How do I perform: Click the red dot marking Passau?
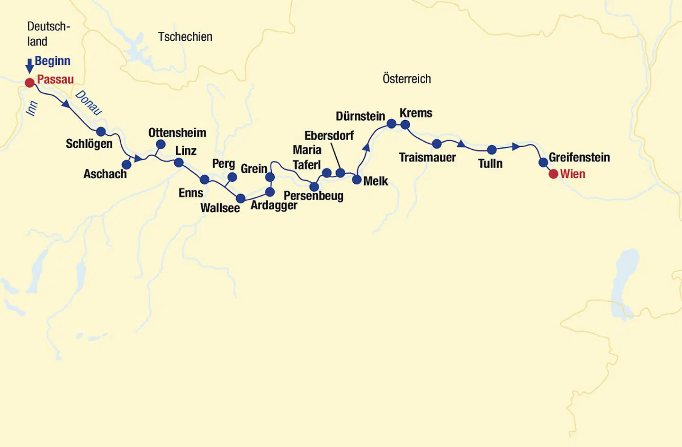pyautogui.click(x=29, y=83)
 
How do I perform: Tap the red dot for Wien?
pyautogui.click(x=553, y=174)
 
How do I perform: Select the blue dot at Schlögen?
pyautogui.click(x=100, y=131)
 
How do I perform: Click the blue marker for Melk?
pyautogui.click(x=357, y=179)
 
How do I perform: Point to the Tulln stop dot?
pyautogui.click(x=492, y=150)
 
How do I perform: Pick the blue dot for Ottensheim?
pyautogui.click(x=161, y=144)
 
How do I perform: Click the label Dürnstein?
pyautogui.click(x=360, y=116)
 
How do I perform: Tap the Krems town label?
pyautogui.click(x=416, y=113)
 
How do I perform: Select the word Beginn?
pyautogui.click(x=53, y=61)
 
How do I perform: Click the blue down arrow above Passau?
pyautogui.click(x=29, y=65)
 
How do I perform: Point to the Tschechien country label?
pyautogui.click(x=185, y=37)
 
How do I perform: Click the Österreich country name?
pyautogui.click(x=407, y=79)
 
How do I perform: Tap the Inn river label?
pyautogui.click(x=31, y=108)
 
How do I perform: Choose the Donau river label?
pyautogui.click(x=89, y=103)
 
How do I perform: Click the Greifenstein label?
pyautogui.click(x=579, y=157)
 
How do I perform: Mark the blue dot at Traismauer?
pyautogui.click(x=437, y=143)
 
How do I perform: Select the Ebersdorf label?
pyautogui.click(x=329, y=136)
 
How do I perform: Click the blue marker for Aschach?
pyautogui.click(x=126, y=164)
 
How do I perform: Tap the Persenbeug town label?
pyautogui.click(x=314, y=196)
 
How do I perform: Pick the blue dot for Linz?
pyautogui.click(x=179, y=163)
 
